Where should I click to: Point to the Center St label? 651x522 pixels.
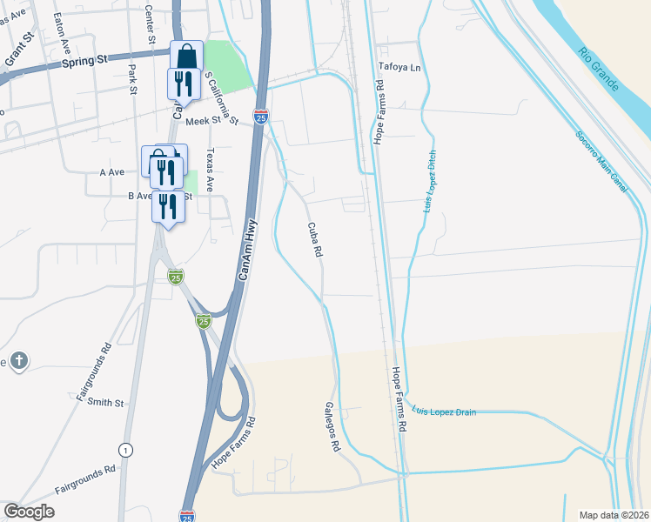[150, 23]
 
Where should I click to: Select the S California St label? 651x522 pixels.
[221, 97]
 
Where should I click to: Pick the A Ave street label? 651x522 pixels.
[112, 172]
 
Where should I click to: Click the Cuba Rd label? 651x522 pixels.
[316, 240]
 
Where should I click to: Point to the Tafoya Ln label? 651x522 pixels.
[399, 67]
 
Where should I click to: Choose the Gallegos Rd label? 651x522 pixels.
[332, 426]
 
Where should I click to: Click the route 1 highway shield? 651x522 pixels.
[126, 449]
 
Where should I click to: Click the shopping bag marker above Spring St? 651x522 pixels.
[186, 57]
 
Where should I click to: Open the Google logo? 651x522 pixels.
[29, 512]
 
